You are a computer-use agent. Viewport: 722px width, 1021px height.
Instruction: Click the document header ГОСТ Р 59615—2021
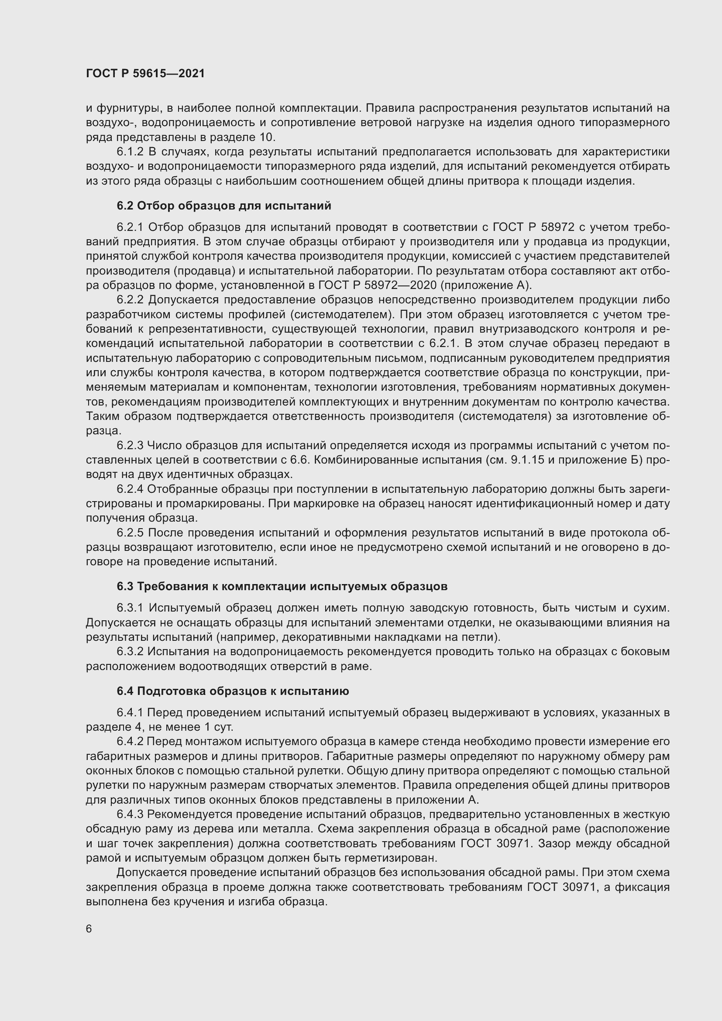(x=145, y=74)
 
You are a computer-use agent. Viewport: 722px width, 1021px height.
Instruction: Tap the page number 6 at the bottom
(x=89, y=929)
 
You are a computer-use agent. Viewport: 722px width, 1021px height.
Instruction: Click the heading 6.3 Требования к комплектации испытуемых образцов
(x=282, y=587)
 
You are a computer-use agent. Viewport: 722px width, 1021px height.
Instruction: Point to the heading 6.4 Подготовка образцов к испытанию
(x=233, y=691)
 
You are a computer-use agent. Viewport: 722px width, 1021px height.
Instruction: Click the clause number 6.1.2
(x=130, y=152)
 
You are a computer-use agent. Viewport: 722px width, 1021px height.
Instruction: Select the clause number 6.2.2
(x=130, y=300)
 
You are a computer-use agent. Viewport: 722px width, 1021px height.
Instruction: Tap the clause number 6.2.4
(x=130, y=489)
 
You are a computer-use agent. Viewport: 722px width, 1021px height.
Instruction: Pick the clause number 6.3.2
(x=130, y=651)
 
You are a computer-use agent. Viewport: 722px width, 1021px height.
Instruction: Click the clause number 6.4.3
(x=130, y=814)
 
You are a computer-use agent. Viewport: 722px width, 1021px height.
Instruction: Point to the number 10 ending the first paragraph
(x=267, y=137)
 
